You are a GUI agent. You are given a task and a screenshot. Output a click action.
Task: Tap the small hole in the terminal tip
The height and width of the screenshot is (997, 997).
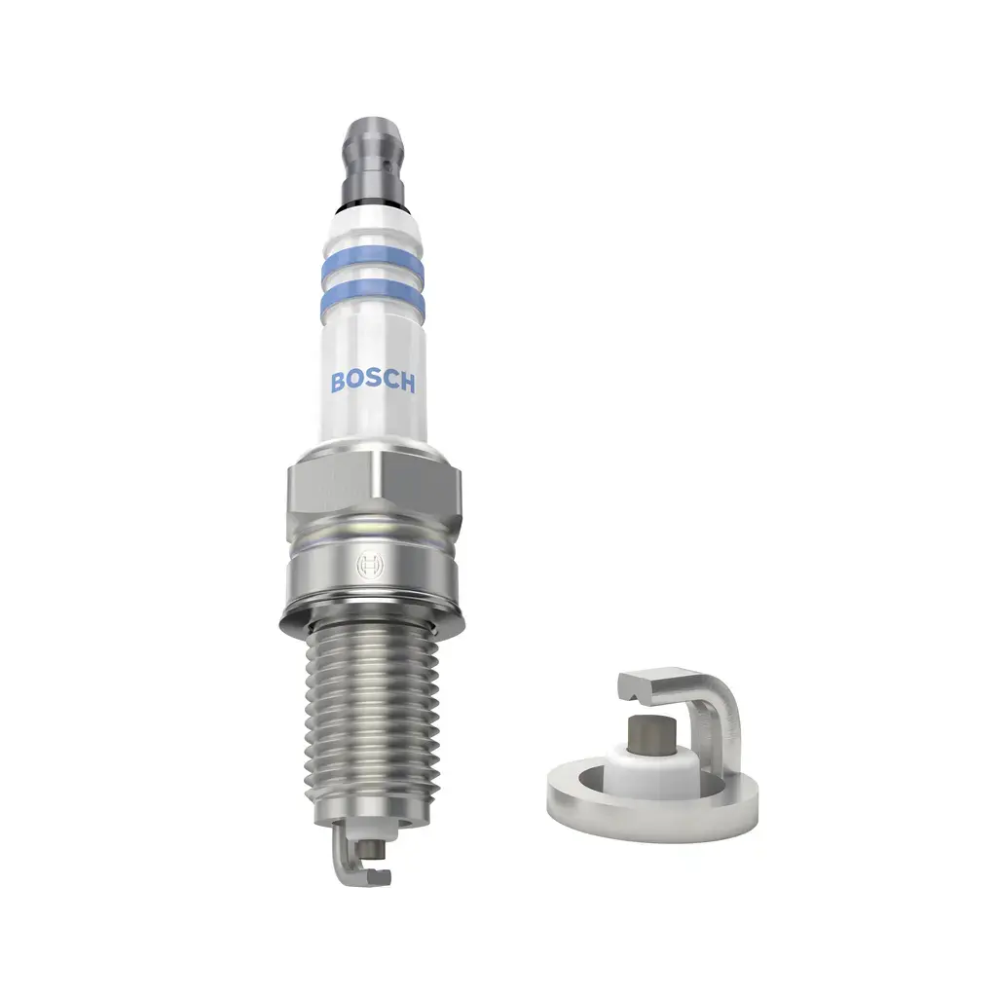click(x=376, y=155)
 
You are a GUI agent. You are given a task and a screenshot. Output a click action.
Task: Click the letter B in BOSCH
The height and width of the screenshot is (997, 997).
click(x=337, y=382)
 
